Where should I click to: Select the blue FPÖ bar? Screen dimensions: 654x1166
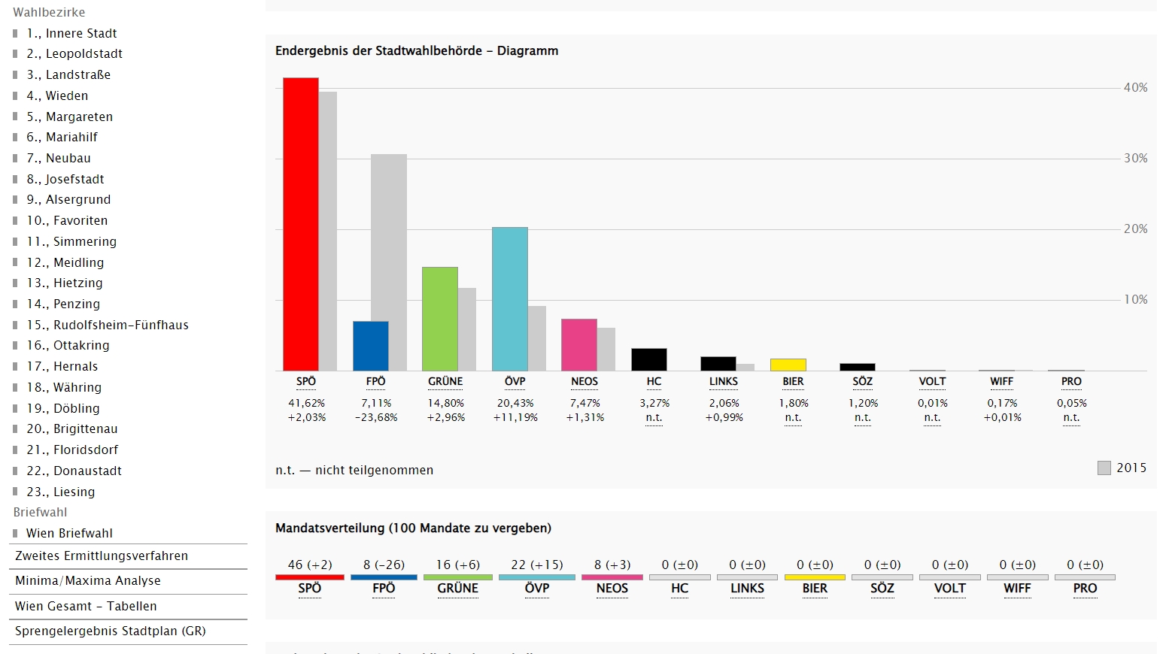370,346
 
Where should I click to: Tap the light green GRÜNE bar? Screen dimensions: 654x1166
439,319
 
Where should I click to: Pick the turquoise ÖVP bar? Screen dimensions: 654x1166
509,298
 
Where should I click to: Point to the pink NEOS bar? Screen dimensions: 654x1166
578,345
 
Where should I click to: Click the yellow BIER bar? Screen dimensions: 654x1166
788,365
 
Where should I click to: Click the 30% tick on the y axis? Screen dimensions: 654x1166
1135,159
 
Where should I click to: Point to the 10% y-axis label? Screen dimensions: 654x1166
1135,300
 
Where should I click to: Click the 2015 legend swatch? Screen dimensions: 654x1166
1104,468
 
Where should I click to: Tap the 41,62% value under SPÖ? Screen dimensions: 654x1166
306,403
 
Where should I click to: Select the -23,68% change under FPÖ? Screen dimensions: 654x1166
376,417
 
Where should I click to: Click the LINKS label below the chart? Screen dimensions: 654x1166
723,382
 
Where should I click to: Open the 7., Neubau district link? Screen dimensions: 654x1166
68,158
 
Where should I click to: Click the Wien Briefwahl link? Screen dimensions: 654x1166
69,533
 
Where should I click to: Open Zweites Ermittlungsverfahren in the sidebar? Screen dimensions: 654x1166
102,556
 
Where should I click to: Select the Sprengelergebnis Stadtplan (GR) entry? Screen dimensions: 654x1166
110,631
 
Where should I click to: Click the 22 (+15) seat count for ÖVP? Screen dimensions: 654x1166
536,565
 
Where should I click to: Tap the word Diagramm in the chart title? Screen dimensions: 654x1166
527,51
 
